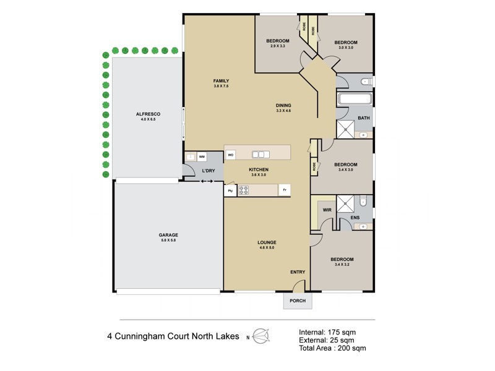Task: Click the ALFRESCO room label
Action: tap(148, 114)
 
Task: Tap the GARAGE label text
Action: tap(168, 235)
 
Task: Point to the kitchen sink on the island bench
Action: tap(260, 155)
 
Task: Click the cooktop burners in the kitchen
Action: tap(244, 190)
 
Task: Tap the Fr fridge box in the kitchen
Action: tap(285, 190)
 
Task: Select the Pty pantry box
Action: tap(230, 190)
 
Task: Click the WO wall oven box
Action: tap(230, 155)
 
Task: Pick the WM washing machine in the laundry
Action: tap(202, 157)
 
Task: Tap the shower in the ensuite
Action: tap(345, 204)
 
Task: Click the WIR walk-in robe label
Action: tap(327, 210)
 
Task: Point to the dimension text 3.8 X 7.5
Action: tap(221, 87)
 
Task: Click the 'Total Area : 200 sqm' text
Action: tap(332, 348)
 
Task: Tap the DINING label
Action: tap(283, 104)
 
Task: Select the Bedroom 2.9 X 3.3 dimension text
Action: tap(278, 46)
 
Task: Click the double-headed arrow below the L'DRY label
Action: tap(206, 181)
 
